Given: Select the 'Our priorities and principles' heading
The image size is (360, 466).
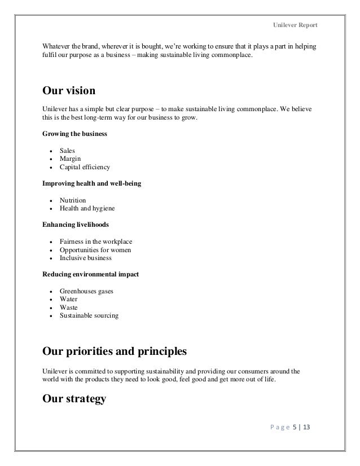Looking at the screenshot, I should (114, 353).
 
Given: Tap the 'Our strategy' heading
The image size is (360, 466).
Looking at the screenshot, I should (74, 400).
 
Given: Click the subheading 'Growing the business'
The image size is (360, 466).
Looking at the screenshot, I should (73, 135).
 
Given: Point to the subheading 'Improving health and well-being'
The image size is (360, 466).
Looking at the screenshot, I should (91, 184).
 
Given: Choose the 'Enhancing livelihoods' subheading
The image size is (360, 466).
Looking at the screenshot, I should (76, 224).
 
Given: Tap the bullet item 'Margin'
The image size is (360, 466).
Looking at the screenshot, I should (71, 159).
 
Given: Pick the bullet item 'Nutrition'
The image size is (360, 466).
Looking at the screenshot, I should (73, 200).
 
